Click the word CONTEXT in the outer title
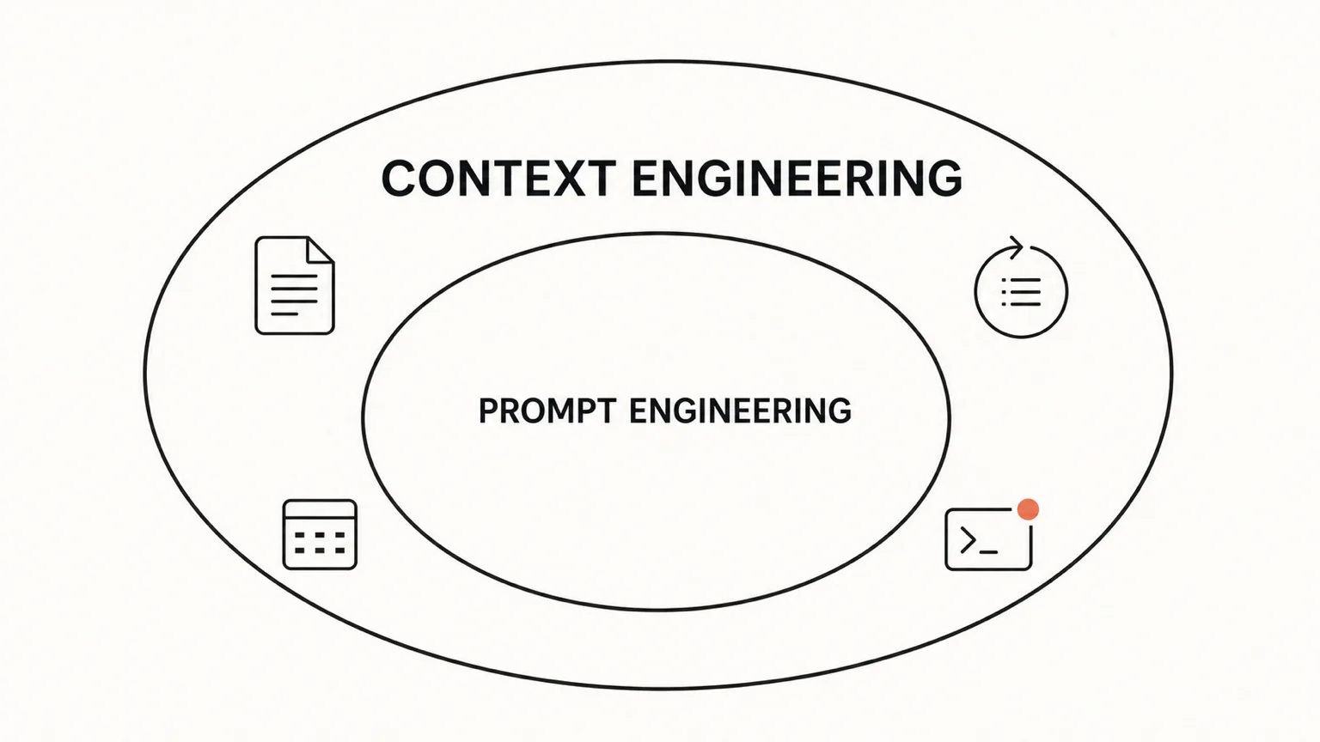click(x=498, y=178)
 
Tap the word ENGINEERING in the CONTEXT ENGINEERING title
click(x=797, y=178)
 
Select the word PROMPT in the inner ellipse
click(x=547, y=411)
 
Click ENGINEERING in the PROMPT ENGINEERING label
click(x=740, y=411)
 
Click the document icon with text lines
click(x=295, y=286)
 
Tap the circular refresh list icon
click(x=1021, y=288)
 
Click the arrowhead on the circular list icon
click(x=1016, y=247)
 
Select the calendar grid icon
click(x=320, y=535)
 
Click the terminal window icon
click(x=989, y=539)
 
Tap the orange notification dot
click(x=1029, y=509)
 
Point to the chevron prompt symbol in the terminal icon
click(x=968, y=540)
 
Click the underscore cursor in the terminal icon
click(x=988, y=552)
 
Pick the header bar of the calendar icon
click(x=320, y=508)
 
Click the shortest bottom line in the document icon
click(x=284, y=313)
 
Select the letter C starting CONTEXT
click(x=400, y=178)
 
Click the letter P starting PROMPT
click(x=488, y=411)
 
